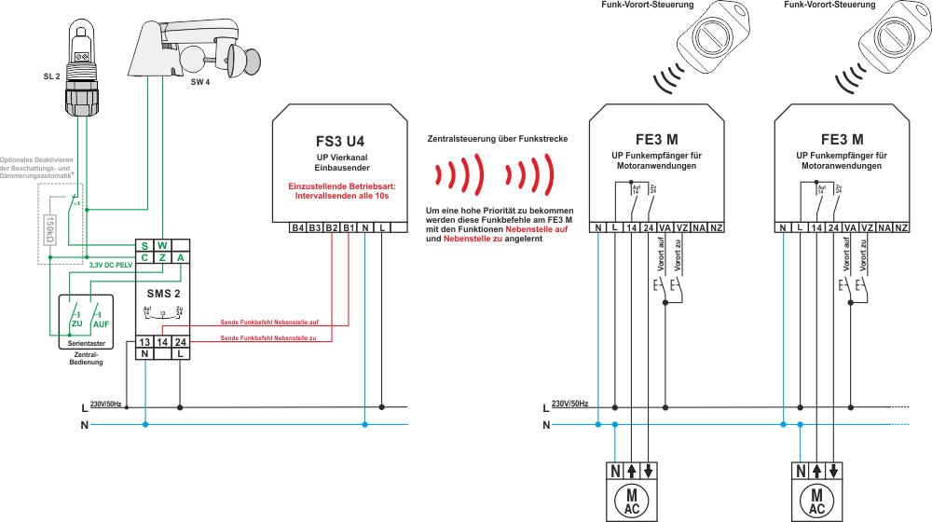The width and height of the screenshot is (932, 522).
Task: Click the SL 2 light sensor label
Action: point(51,75)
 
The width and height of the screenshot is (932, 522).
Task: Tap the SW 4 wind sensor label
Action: point(200,82)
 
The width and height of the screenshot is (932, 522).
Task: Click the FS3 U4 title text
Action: point(339,142)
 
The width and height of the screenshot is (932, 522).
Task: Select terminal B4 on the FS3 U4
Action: point(297,228)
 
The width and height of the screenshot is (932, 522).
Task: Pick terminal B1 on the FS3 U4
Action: point(348,228)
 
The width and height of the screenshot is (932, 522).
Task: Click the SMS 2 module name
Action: point(164,293)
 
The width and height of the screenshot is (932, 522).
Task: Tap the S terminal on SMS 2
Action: point(145,245)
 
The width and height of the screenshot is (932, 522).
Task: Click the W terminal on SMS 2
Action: point(163,245)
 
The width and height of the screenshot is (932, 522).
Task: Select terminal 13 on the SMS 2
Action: point(145,343)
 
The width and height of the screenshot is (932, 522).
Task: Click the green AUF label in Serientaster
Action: point(101,323)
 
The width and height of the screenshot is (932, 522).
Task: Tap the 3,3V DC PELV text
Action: point(110,266)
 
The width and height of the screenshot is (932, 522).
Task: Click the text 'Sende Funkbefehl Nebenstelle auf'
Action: point(269,323)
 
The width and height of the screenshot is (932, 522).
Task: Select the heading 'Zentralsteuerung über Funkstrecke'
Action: point(498,139)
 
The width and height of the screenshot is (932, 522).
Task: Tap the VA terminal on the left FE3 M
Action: point(665,228)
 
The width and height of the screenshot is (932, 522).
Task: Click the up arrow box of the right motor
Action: point(817,471)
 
